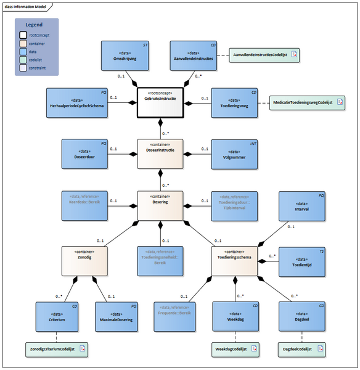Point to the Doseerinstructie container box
tap(160, 154)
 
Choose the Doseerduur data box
tap(85, 154)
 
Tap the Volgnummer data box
tap(235, 154)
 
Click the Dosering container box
tap(160, 205)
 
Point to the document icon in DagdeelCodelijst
tap(322, 349)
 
